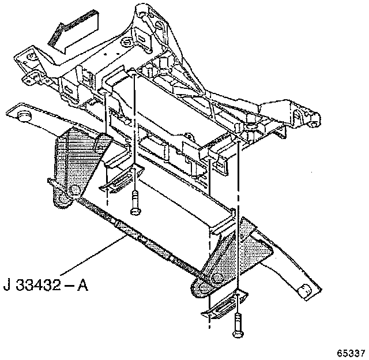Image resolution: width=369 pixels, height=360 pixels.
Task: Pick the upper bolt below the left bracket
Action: tap(135, 203)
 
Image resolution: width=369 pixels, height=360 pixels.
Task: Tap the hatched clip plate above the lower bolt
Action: tap(222, 305)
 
